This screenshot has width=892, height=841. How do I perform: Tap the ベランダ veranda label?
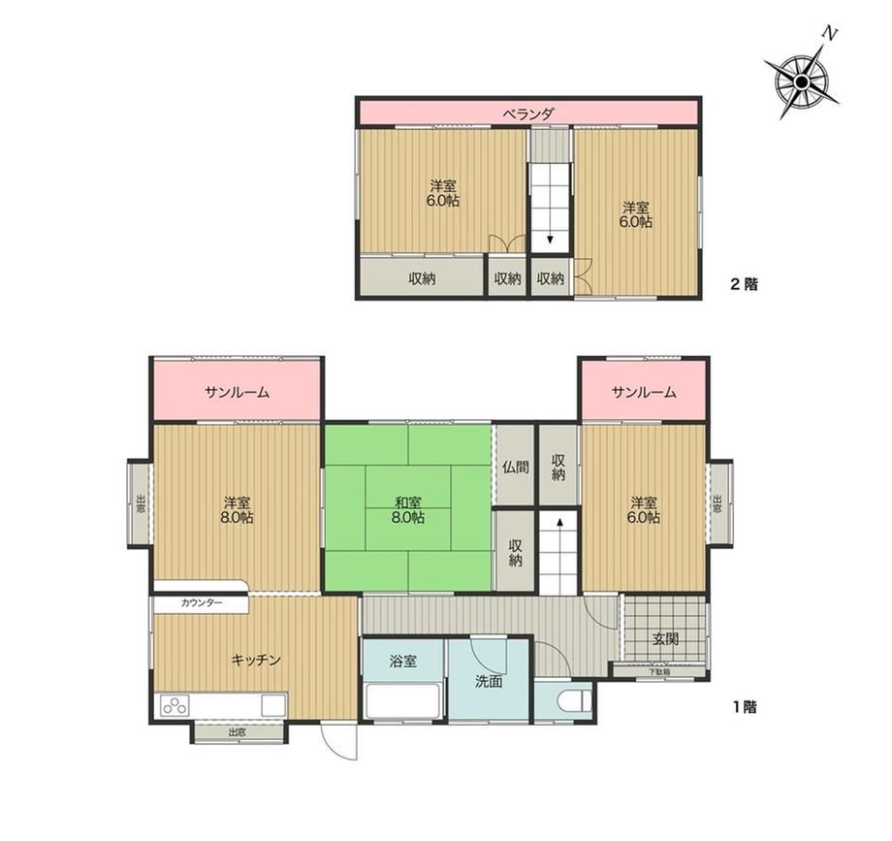tap(527, 113)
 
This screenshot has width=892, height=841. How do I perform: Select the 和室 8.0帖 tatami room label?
tap(408, 510)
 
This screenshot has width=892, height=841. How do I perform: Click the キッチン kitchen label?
tap(257, 660)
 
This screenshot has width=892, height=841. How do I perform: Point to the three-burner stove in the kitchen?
tap(175, 706)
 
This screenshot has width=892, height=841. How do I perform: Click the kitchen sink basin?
tap(272, 706)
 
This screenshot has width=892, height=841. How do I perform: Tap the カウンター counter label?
tap(202, 603)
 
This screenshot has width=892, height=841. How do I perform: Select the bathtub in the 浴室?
tap(402, 700)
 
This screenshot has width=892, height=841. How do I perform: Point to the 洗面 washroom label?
tap(489, 681)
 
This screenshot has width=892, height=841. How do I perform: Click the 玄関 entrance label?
tap(665, 638)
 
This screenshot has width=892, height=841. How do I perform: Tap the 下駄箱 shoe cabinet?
tap(659, 671)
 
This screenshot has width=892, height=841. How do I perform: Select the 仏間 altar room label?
tap(516, 468)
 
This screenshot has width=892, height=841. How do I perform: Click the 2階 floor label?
tap(744, 283)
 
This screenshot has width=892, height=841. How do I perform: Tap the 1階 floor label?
tap(744, 707)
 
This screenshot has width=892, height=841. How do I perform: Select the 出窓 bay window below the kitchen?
tap(238, 732)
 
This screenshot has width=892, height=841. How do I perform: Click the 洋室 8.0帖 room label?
tap(239, 510)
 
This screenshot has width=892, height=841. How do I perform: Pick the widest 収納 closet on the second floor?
tap(422, 278)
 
